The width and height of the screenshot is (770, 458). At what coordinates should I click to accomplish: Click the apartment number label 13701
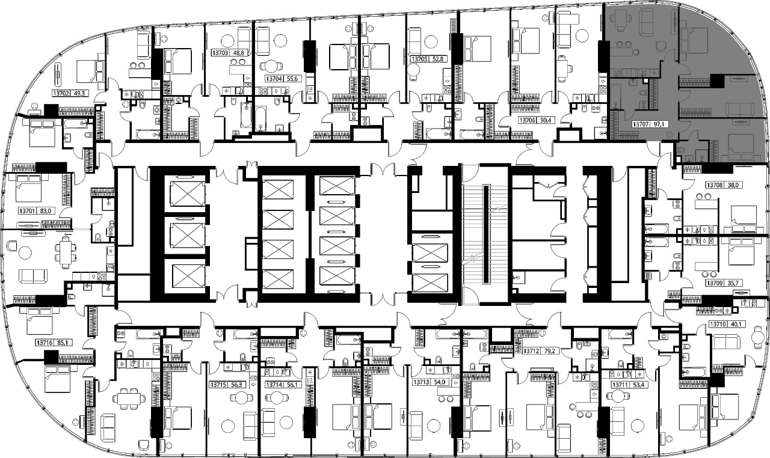pos(28,210)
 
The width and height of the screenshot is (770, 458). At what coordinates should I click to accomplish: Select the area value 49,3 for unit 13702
pos(79,93)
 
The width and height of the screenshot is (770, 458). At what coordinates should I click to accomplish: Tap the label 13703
pos(220,53)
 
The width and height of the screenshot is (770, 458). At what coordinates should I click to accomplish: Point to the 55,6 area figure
pos(292,79)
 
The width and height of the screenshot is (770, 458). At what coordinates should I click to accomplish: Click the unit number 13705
pos(420,59)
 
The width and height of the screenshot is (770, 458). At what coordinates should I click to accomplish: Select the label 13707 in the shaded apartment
pos(641,124)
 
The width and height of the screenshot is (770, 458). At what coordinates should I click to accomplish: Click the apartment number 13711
pos(620,385)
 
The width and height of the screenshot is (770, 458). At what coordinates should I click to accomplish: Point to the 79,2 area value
pos(547,351)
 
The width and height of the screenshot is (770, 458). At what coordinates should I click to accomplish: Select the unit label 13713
pos(422,382)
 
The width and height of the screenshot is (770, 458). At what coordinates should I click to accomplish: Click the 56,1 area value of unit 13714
pos(292,385)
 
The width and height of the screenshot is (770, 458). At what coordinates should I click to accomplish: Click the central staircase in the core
pos(485,234)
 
